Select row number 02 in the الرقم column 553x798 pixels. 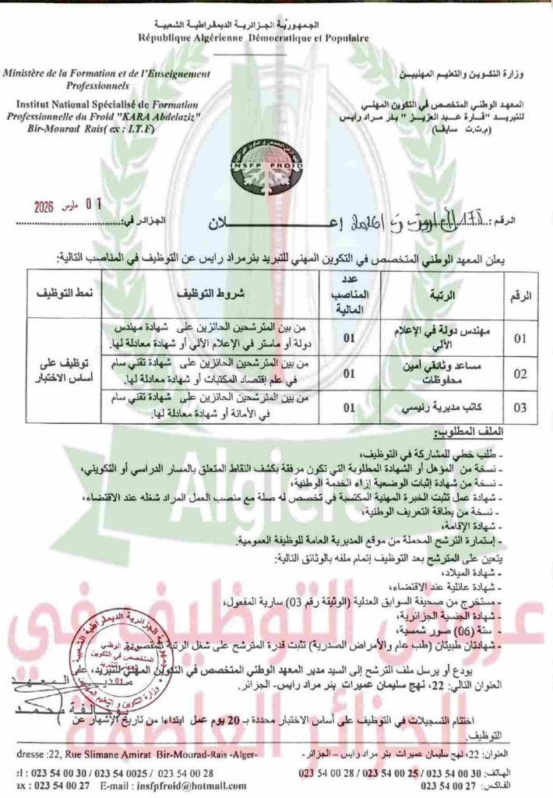point(520,373)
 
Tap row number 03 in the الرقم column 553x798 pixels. point(520,407)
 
